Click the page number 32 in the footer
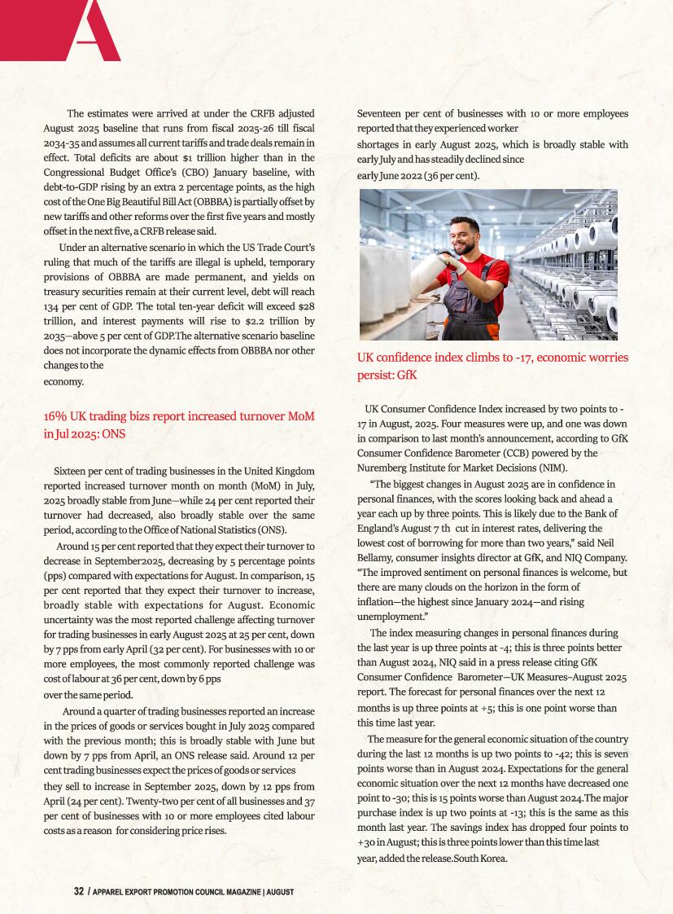(79, 891)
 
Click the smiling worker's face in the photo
(465, 237)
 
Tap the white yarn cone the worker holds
(433, 275)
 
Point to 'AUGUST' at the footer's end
(279, 892)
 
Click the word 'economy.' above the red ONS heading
(63, 381)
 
